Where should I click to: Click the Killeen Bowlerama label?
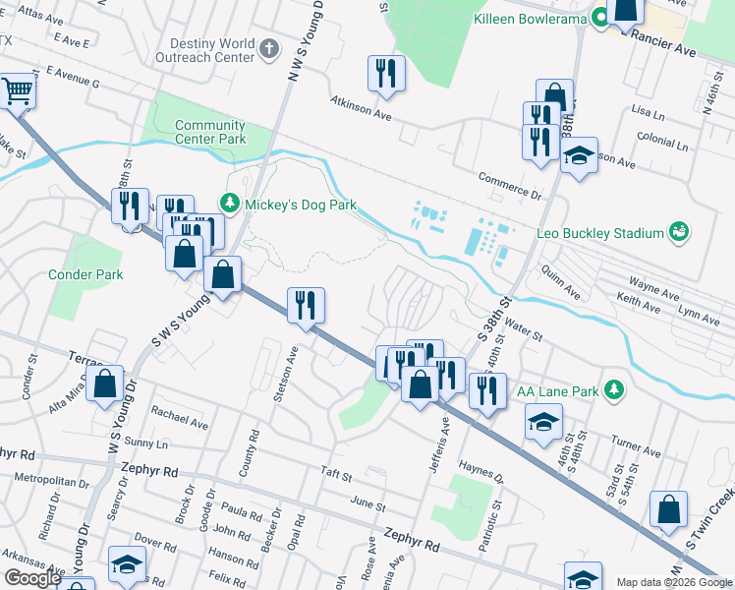[x=530, y=19]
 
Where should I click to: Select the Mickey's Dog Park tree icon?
[x=230, y=205]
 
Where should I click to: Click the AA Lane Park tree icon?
[x=614, y=390]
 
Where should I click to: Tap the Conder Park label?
[x=85, y=274]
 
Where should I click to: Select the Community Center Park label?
[x=209, y=132]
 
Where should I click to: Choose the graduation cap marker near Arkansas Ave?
[x=127, y=564]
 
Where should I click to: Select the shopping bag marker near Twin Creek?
[x=668, y=510]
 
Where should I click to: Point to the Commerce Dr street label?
[x=510, y=185]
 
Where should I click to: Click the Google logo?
[x=31, y=578]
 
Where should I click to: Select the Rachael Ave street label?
[x=180, y=420]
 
